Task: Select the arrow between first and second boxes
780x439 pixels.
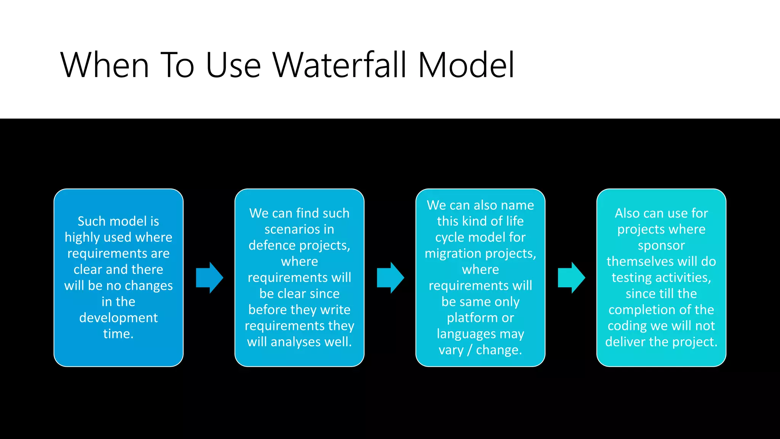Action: pyautogui.click(x=209, y=277)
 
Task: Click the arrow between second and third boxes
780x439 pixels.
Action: pyautogui.click(x=390, y=277)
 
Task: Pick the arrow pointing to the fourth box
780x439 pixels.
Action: pyautogui.click(x=571, y=277)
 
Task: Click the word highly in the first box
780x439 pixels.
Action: pyautogui.click(x=82, y=238)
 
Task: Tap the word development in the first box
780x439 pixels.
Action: pyautogui.click(x=118, y=318)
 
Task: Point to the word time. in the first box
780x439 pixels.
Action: pyautogui.click(x=118, y=334)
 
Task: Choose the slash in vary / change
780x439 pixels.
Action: pyautogui.click(x=470, y=350)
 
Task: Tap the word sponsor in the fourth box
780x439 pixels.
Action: pyautogui.click(x=661, y=245)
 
